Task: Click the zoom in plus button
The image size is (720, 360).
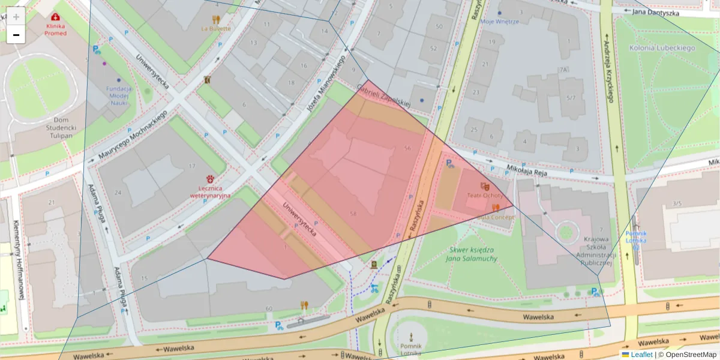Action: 16,17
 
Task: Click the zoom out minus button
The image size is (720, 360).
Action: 16,35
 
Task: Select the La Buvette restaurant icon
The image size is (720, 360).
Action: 215,19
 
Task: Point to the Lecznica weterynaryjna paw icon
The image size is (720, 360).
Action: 211,178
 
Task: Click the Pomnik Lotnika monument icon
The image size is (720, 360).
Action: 411,337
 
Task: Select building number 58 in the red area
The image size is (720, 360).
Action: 353,214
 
